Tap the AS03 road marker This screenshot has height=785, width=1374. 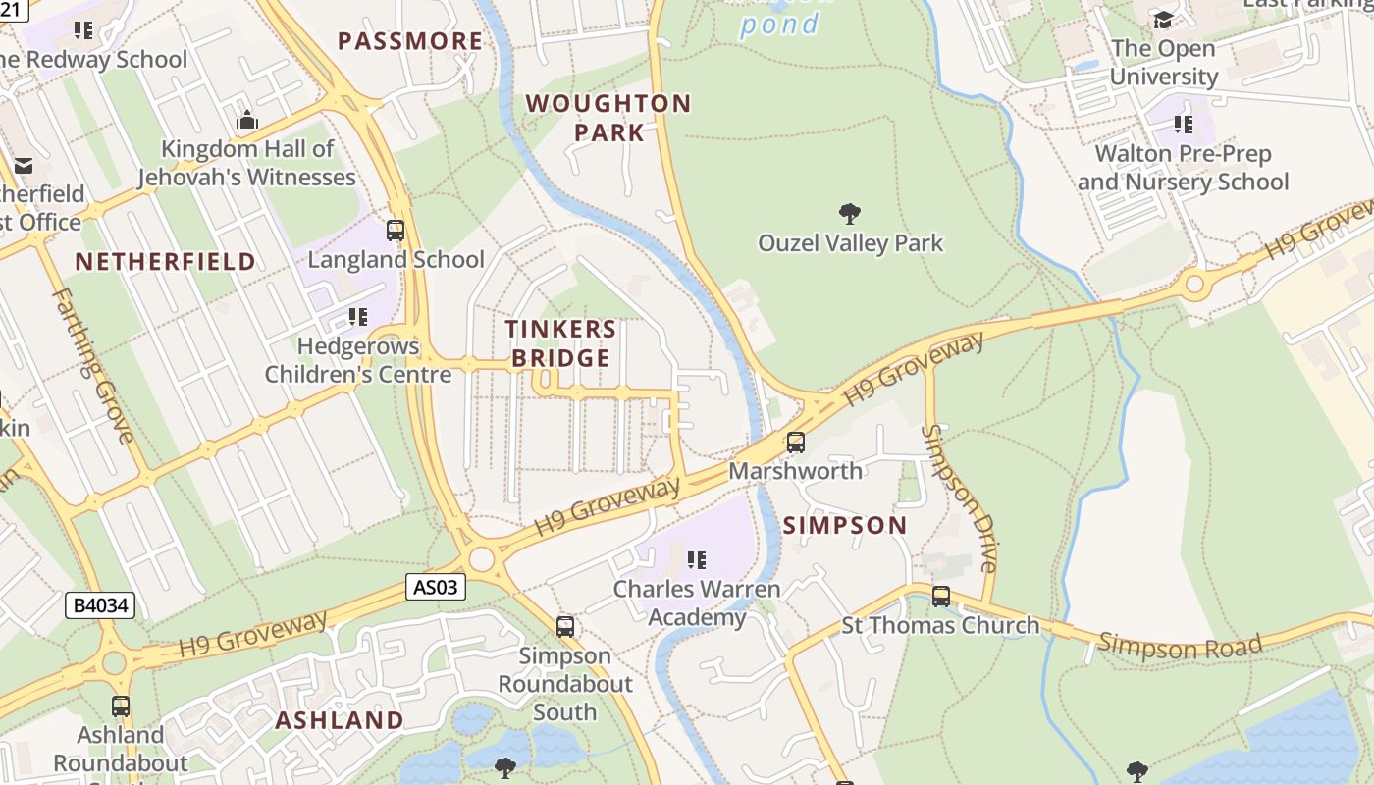coord(435,587)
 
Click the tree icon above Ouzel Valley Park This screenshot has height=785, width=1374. coord(850,214)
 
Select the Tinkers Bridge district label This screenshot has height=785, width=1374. coord(560,343)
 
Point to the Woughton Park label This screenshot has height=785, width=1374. coord(608,118)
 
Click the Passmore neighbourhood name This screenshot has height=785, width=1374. coord(410,41)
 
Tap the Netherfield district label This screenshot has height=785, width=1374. coord(165,262)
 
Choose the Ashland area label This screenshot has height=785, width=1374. coord(339,720)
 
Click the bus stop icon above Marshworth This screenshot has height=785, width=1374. coord(796,443)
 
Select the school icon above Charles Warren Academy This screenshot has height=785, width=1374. coord(697,560)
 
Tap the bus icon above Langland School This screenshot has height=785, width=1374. coord(396,231)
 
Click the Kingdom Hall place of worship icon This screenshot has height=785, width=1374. coord(247,121)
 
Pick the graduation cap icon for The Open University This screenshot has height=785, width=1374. coord(1163,20)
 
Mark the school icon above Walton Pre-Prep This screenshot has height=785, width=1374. coord(1184,125)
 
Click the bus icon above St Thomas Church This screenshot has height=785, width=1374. coord(941,596)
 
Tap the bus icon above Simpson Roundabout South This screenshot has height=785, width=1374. coord(564,626)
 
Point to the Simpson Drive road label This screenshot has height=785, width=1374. coord(960,498)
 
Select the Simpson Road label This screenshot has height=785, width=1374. coord(1179,646)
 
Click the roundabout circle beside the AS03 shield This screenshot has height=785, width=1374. coord(481,559)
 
